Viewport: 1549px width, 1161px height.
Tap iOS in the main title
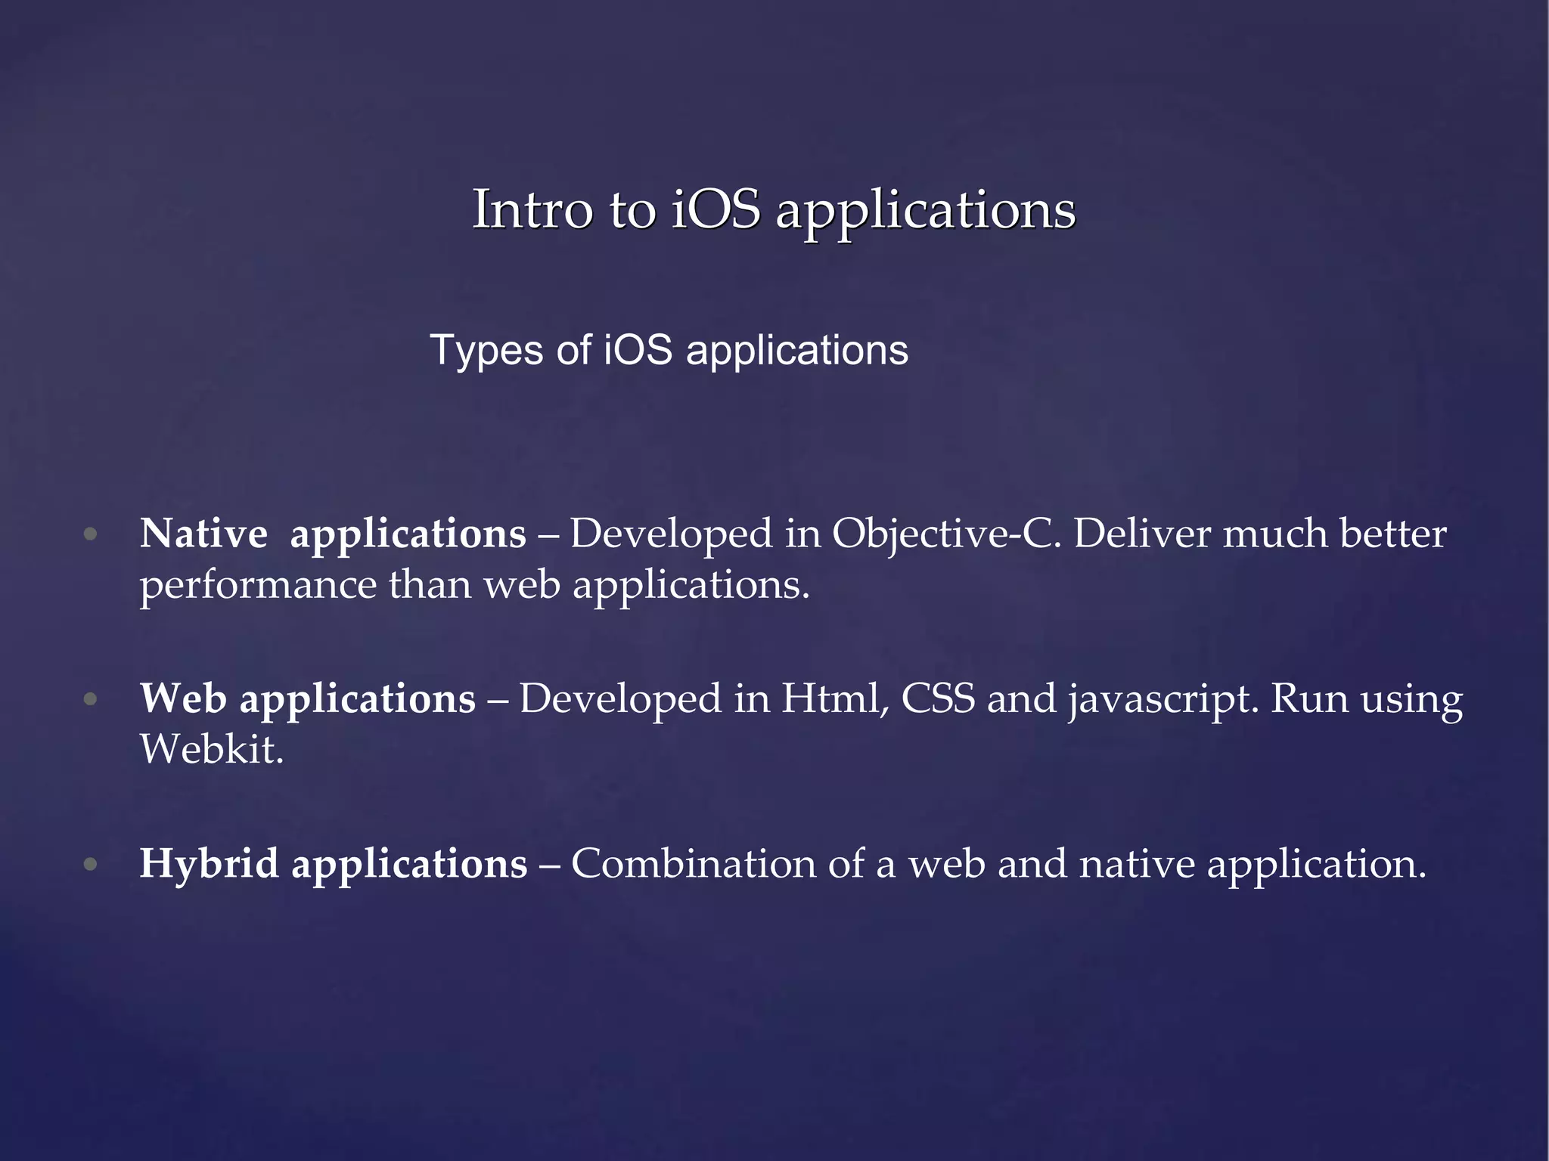tap(716, 209)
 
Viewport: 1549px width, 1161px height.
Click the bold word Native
tap(203, 534)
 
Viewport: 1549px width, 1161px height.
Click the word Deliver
tap(1142, 534)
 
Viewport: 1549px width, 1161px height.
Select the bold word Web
tap(183, 698)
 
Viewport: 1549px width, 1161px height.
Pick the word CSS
tap(938, 698)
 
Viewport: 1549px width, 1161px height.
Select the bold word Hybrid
tap(210, 864)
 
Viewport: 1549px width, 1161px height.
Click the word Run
tap(1309, 698)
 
